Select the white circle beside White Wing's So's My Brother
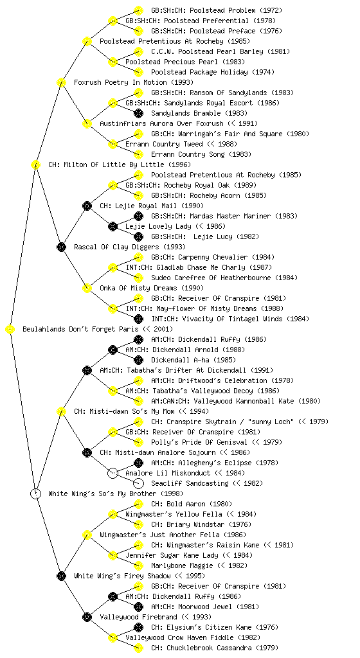click(36, 493)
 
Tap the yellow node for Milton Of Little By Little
click(35, 164)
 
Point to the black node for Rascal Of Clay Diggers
click(61, 247)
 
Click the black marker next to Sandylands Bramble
click(138, 113)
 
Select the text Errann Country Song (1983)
click(201, 154)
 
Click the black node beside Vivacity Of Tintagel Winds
click(138, 319)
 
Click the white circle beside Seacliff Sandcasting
click(138, 483)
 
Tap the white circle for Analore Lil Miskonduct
click(113, 473)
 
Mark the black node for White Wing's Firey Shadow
click(61, 576)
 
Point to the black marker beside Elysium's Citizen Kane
click(138, 627)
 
